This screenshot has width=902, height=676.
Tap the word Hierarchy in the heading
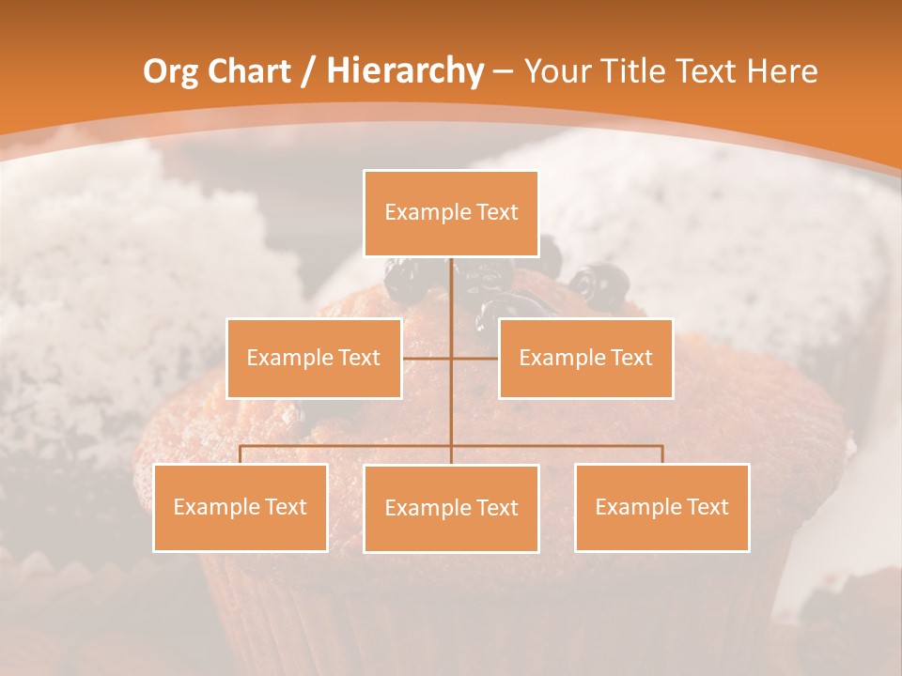[404, 71]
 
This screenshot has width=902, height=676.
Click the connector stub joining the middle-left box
[427, 358]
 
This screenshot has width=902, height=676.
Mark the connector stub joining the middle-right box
[475, 358]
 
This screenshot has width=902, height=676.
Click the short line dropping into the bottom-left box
[241, 455]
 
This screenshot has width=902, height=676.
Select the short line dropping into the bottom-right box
[662, 455]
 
